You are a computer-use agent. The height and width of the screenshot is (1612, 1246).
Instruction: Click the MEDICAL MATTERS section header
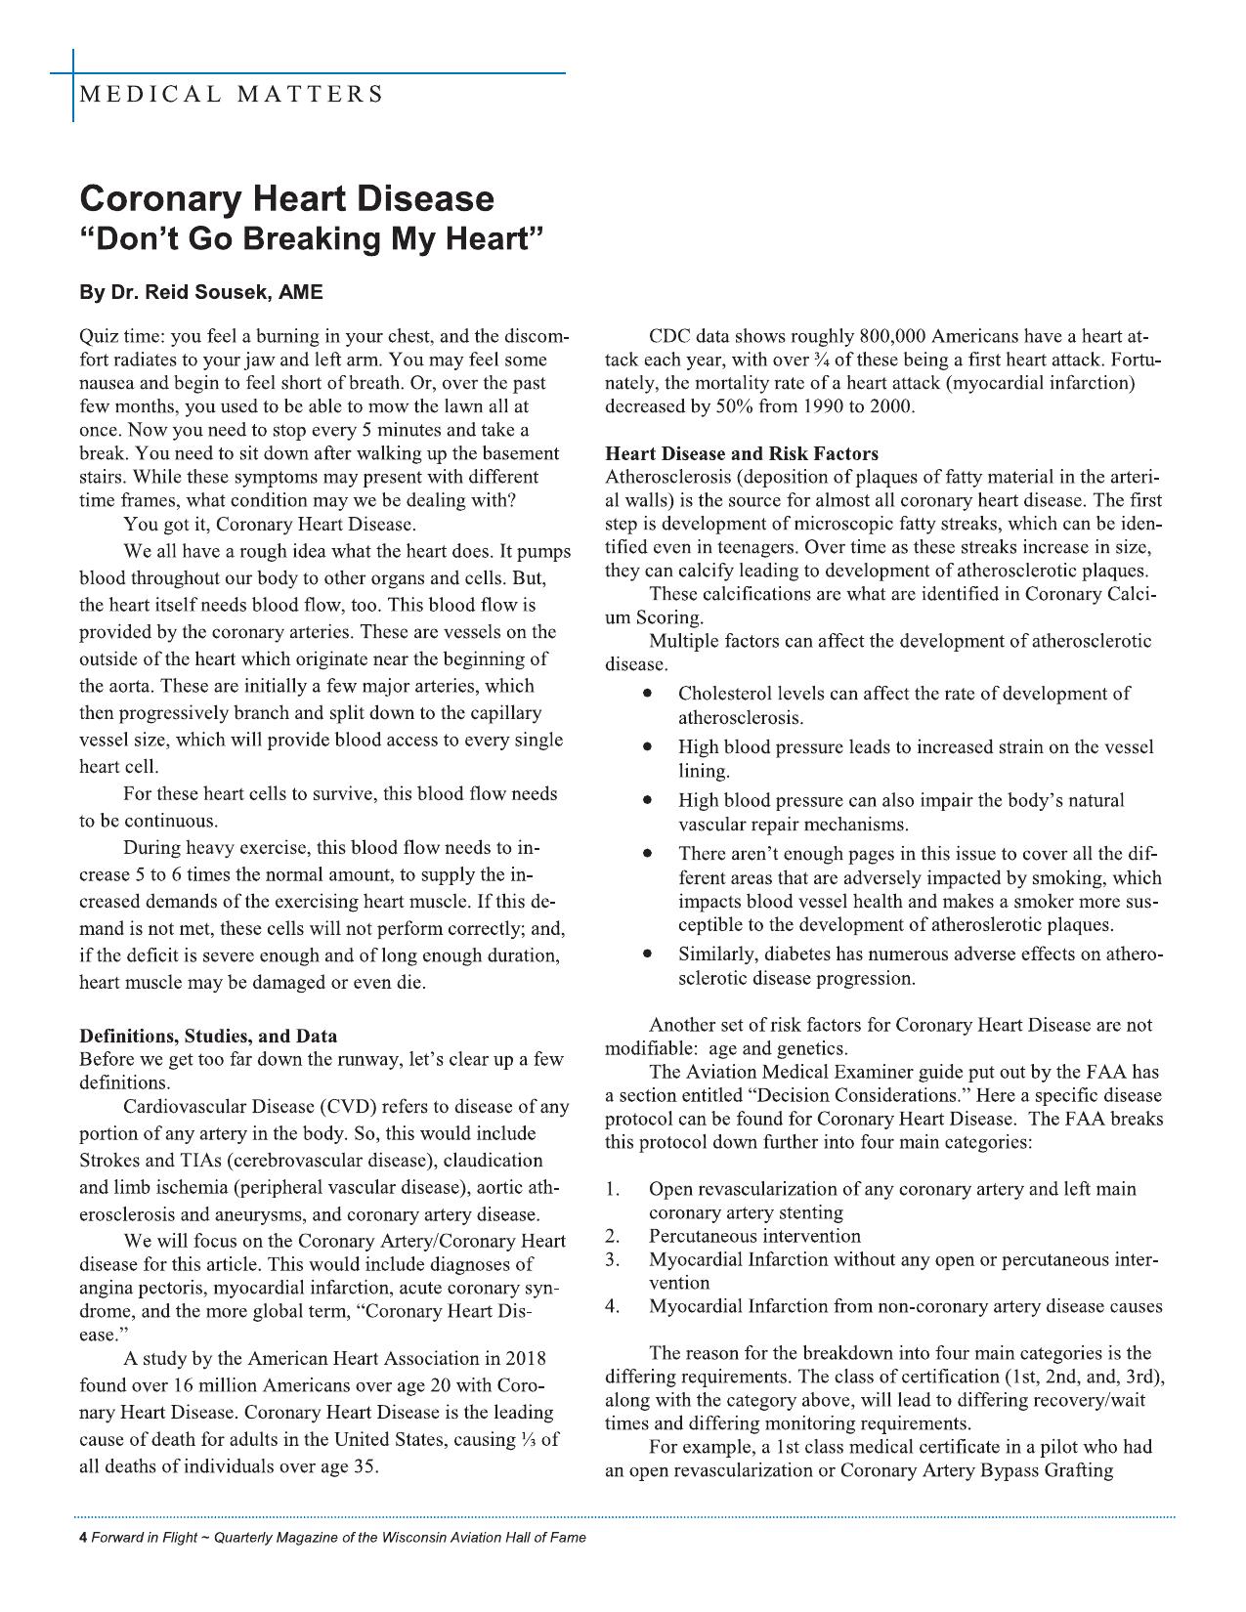[x=232, y=95]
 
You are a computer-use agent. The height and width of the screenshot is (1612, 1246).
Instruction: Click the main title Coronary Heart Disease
[x=286, y=198]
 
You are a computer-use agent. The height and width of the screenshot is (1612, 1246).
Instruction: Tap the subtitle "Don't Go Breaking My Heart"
[x=311, y=239]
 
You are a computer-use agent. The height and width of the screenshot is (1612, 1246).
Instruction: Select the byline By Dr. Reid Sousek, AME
[x=200, y=292]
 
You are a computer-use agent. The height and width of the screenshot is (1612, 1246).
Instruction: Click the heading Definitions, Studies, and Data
[x=208, y=1036]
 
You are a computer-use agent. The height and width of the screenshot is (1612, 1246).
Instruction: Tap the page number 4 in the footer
[x=83, y=1538]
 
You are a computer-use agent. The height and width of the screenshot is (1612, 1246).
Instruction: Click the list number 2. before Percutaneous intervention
[x=612, y=1236]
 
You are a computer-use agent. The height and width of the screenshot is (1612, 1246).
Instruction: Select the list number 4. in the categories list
[x=612, y=1306]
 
